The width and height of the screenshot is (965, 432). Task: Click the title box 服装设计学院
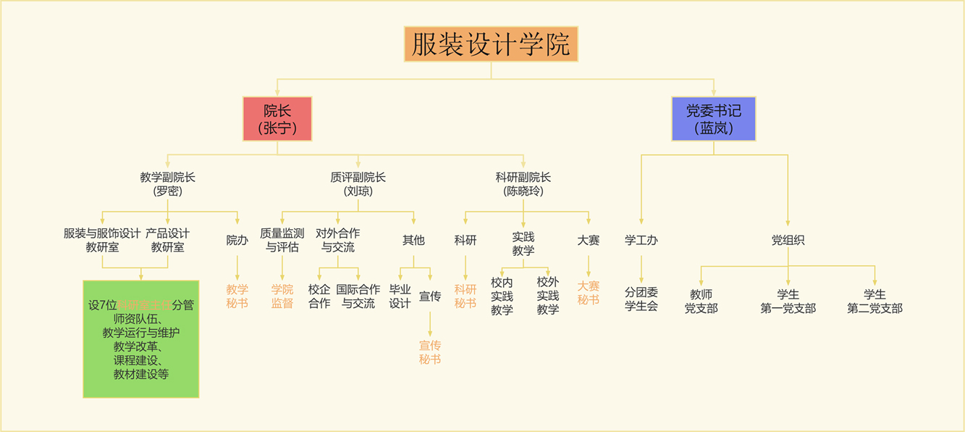(491, 44)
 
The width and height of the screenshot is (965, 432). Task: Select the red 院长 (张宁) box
(277, 119)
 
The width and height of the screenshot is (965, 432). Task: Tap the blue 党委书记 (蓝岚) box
(713, 119)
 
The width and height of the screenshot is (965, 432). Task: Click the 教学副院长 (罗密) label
(168, 184)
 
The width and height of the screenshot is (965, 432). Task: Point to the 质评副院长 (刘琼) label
(358, 184)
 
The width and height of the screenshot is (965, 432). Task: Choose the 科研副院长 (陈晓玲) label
(523, 184)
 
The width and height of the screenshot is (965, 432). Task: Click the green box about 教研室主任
(141, 338)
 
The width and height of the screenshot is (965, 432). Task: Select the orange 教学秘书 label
(237, 296)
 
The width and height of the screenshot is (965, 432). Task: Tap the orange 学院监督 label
(282, 296)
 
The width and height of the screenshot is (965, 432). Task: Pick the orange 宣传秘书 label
(430, 352)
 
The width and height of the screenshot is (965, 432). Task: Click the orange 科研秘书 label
(465, 296)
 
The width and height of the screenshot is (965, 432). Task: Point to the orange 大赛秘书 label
(589, 293)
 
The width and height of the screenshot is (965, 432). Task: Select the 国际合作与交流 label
(358, 296)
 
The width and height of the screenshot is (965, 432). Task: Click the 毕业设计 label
(400, 296)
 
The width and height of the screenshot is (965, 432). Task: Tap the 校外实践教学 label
(548, 296)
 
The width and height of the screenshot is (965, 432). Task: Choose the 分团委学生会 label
(641, 299)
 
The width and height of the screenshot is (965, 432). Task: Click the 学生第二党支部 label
(875, 301)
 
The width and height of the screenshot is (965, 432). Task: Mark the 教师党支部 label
(701, 301)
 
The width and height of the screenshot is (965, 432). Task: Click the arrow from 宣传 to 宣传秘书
(430, 323)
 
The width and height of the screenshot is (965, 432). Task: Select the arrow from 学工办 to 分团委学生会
(641, 267)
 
